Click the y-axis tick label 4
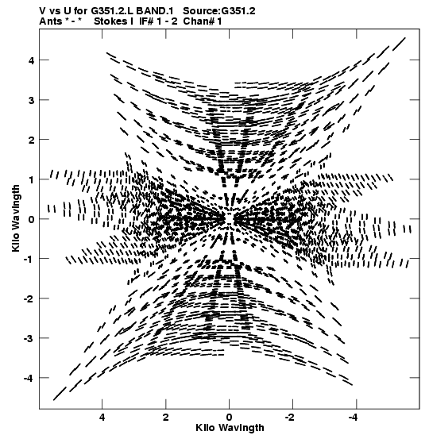[32, 60]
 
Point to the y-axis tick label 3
[32, 100]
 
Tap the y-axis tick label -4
[29, 379]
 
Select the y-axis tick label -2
[29, 299]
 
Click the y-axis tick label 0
[32, 219]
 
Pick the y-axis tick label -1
[29, 260]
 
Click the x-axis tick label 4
[102, 418]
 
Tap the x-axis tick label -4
[353, 418]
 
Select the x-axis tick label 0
[230, 418]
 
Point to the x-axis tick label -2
[290, 418]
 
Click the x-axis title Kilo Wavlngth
[230, 428]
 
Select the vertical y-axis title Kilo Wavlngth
[16, 218]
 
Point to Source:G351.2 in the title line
[219, 11]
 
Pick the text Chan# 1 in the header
[203, 21]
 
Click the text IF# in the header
[147, 21]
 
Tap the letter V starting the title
[43, 11]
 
